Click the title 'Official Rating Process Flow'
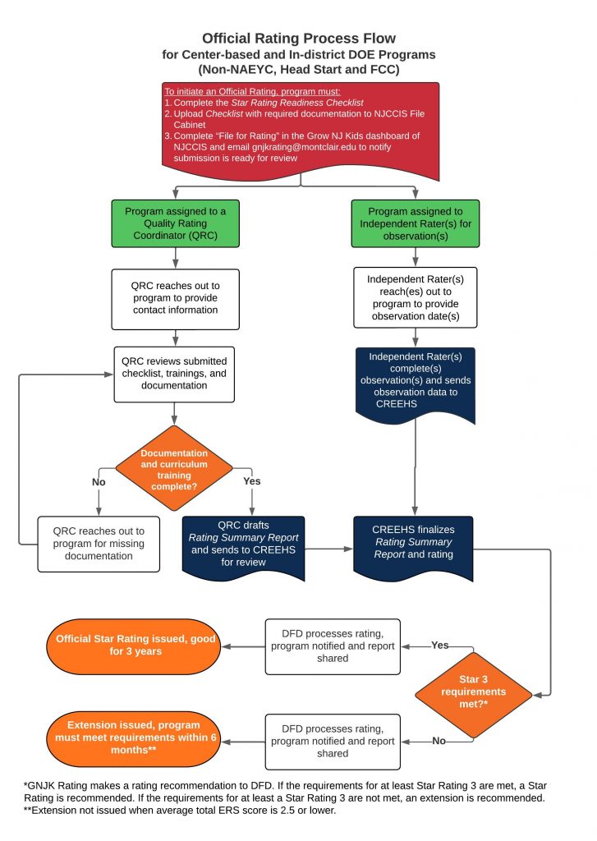(x=299, y=38)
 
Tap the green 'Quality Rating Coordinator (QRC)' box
(x=175, y=224)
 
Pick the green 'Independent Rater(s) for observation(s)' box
(x=416, y=224)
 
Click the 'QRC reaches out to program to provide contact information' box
(x=175, y=298)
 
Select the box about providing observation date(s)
(x=416, y=298)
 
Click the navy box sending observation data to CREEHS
(x=416, y=381)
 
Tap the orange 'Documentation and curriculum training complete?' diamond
(x=173, y=466)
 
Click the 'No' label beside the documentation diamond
(x=99, y=482)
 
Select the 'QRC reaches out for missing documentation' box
(x=98, y=543)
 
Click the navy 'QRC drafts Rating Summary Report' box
(x=243, y=543)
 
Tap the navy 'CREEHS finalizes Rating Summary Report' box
(x=416, y=543)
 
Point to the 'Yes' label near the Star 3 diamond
(x=440, y=646)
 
